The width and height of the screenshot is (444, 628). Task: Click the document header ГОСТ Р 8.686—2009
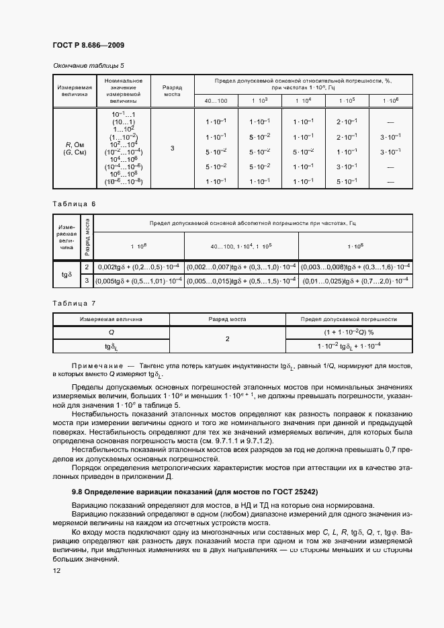click(88, 45)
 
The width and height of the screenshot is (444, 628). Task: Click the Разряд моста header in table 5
click(173, 91)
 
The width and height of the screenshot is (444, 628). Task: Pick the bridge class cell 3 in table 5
click(173, 148)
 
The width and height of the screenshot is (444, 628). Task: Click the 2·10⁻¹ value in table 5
click(347, 122)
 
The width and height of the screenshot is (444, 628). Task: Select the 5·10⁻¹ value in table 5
click(347, 181)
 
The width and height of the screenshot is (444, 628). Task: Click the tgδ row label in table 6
click(66, 274)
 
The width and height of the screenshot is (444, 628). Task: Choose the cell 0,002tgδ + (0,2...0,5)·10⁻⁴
click(139, 267)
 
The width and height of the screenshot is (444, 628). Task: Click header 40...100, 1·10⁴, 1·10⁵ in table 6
click(241, 246)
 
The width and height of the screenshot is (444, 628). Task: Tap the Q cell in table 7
click(111, 332)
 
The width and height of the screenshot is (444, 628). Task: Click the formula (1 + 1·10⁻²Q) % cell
click(348, 332)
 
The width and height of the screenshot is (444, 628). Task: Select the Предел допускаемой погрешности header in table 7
click(348, 319)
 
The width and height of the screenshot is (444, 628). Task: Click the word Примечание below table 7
click(99, 367)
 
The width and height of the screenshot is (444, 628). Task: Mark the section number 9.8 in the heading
click(79, 492)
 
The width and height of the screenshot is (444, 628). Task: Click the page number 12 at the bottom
click(56, 570)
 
